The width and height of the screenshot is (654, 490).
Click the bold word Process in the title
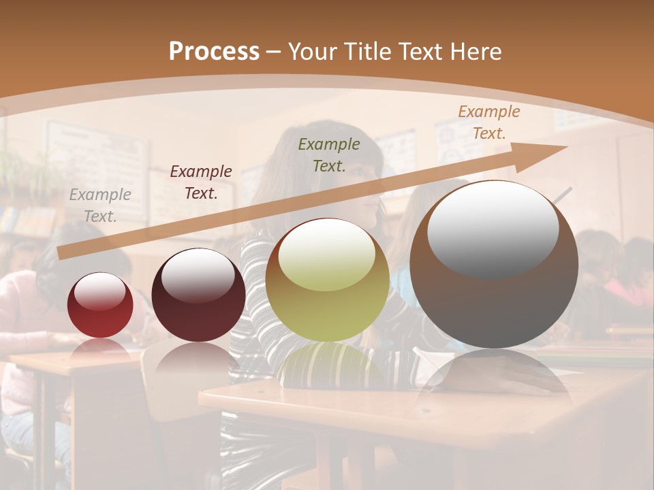coord(214,51)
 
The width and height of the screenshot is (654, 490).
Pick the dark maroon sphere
coord(198,295)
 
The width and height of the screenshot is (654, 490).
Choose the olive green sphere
coord(327,280)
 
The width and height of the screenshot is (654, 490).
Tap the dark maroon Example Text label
coord(200,182)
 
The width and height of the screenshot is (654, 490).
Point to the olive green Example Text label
coord(329,154)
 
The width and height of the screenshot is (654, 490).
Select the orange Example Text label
coord(488,122)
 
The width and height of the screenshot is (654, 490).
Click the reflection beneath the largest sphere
coord(494,374)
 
